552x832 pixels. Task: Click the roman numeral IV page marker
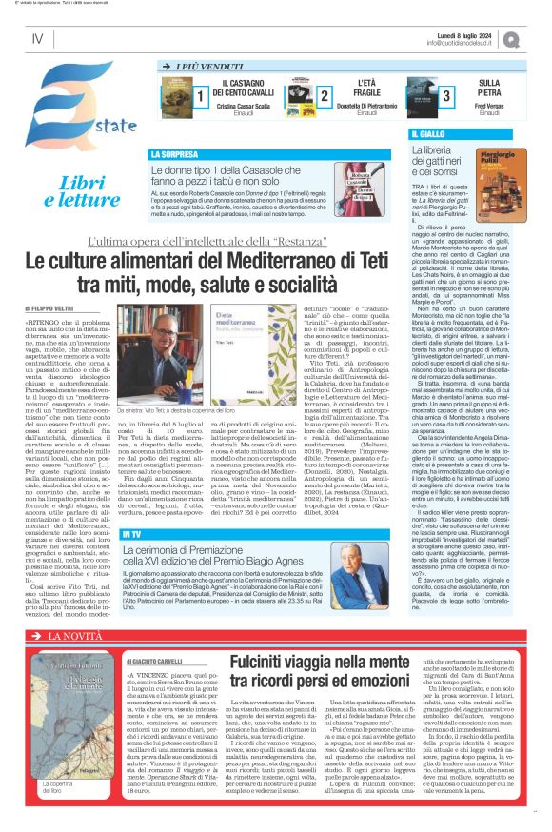point(37,39)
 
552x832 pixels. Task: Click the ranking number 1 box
point(201,96)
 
